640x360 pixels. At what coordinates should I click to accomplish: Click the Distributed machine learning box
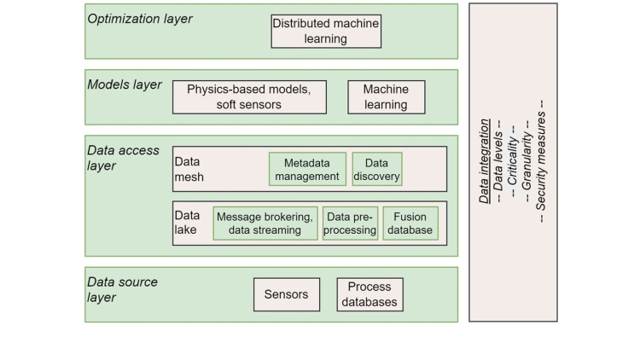click(326, 31)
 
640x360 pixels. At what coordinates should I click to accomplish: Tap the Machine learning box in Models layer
click(385, 97)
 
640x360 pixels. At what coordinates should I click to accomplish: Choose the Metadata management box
click(307, 169)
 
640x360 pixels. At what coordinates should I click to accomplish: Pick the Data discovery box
click(376, 169)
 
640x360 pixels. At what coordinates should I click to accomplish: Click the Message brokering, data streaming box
click(265, 223)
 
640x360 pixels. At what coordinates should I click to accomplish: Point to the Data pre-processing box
click(350, 223)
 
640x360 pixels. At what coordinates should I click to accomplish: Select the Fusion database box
click(410, 223)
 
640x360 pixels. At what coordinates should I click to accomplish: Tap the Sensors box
click(286, 294)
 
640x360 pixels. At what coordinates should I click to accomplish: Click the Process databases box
click(368, 294)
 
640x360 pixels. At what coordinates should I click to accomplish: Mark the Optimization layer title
click(140, 19)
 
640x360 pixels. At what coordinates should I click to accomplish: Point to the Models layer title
click(125, 84)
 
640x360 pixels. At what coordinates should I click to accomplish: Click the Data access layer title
click(124, 158)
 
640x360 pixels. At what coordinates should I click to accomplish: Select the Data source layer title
click(123, 289)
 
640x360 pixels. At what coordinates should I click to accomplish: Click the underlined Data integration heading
click(484, 162)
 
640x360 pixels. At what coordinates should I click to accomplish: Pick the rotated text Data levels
click(499, 162)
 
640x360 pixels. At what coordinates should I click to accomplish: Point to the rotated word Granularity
click(527, 162)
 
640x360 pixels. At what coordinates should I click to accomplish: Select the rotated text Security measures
click(542, 162)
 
